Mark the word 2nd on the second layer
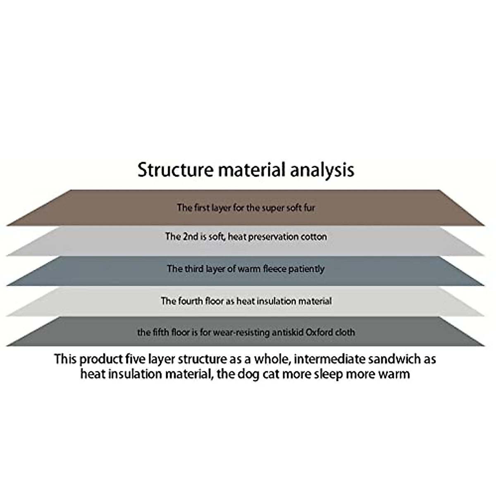pos(190,237)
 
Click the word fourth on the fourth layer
pos(191,301)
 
